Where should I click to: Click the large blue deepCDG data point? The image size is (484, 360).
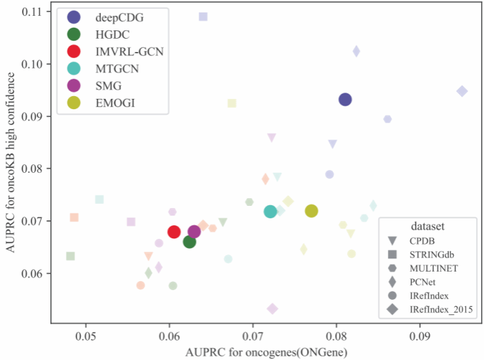345,100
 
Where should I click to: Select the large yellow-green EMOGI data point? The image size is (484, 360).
311,211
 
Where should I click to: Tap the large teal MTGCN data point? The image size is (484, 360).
270,211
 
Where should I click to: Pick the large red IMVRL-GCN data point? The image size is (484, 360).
174,231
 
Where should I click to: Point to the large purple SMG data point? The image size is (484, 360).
194,231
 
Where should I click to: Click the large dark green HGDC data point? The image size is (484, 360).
189,242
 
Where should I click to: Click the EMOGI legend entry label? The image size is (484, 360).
114,103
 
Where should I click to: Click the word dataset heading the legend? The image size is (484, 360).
426,226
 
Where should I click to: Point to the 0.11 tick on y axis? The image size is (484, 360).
32,12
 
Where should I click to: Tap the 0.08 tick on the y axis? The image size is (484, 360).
32,169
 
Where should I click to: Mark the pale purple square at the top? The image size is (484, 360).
203,17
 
